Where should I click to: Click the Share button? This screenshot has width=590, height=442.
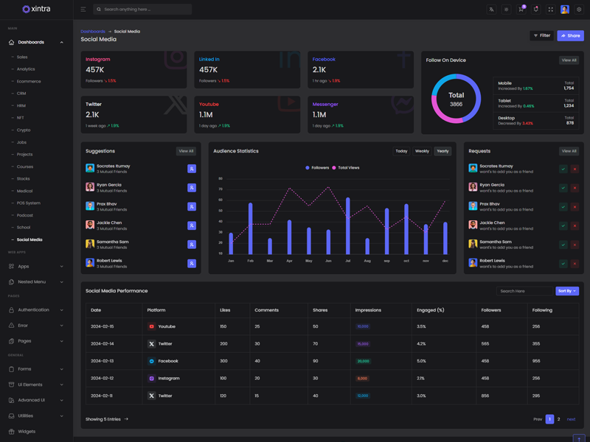click(570, 35)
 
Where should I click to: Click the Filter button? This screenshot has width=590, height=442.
click(542, 35)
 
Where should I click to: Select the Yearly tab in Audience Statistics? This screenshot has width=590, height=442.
click(442, 151)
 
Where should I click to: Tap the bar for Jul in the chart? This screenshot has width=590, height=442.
click(347, 225)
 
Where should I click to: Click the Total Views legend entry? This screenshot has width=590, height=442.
click(346, 168)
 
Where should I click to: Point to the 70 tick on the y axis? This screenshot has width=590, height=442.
click(220, 189)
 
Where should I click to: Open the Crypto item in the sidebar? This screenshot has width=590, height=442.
click(24, 130)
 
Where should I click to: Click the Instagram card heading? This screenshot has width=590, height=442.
click(98, 59)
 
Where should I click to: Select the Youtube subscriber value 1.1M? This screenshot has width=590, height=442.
click(206, 115)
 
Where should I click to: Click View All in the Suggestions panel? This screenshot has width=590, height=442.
click(186, 151)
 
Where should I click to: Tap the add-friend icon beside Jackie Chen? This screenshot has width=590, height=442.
click(192, 225)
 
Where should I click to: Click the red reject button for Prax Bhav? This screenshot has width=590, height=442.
click(575, 207)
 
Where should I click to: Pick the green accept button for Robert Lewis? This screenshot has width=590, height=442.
click(563, 264)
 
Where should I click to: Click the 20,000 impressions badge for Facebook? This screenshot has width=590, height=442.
click(363, 361)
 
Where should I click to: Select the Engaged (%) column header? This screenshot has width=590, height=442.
click(431, 310)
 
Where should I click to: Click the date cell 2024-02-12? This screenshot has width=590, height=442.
click(102, 378)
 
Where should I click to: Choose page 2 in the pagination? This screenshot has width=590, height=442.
click(559, 419)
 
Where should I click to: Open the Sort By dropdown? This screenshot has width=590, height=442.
click(566, 291)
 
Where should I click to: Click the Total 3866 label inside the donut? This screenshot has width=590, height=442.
click(457, 99)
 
